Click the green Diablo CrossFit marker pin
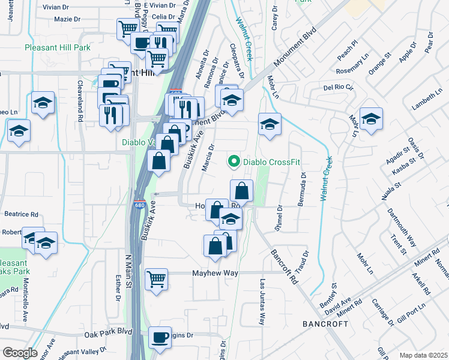click(x=233, y=161)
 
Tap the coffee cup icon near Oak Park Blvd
click(x=159, y=338)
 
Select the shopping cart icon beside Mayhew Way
click(x=156, y=278)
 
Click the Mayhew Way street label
click(x=215, y=273)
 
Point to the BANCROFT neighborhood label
click(x=325, y=323)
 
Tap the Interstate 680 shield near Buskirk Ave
click(x=139, y=205)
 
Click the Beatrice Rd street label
click(x=21, y=214)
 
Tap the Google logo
click(x=19, y=353)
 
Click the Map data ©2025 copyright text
click(x=424, y=355)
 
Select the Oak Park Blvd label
click(x=108, y=331)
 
